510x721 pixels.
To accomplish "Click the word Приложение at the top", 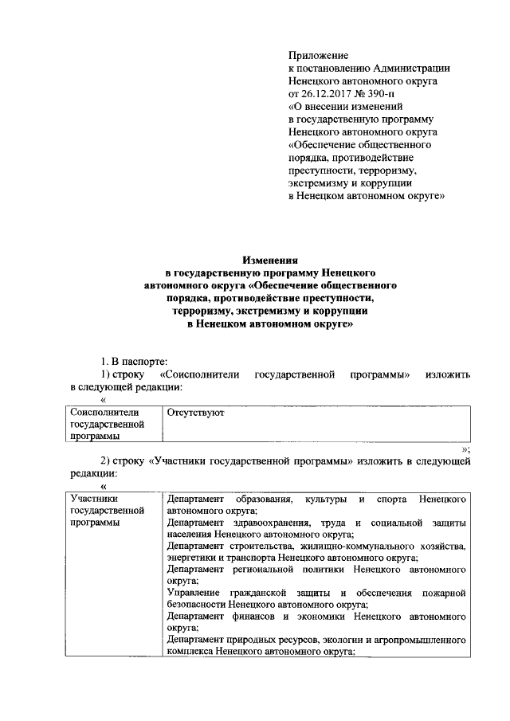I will point(318,55).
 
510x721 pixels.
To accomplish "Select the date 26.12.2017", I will point(328,93).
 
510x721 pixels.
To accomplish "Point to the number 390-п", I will point(388,93).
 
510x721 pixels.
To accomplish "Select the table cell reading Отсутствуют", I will point(195,413).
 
